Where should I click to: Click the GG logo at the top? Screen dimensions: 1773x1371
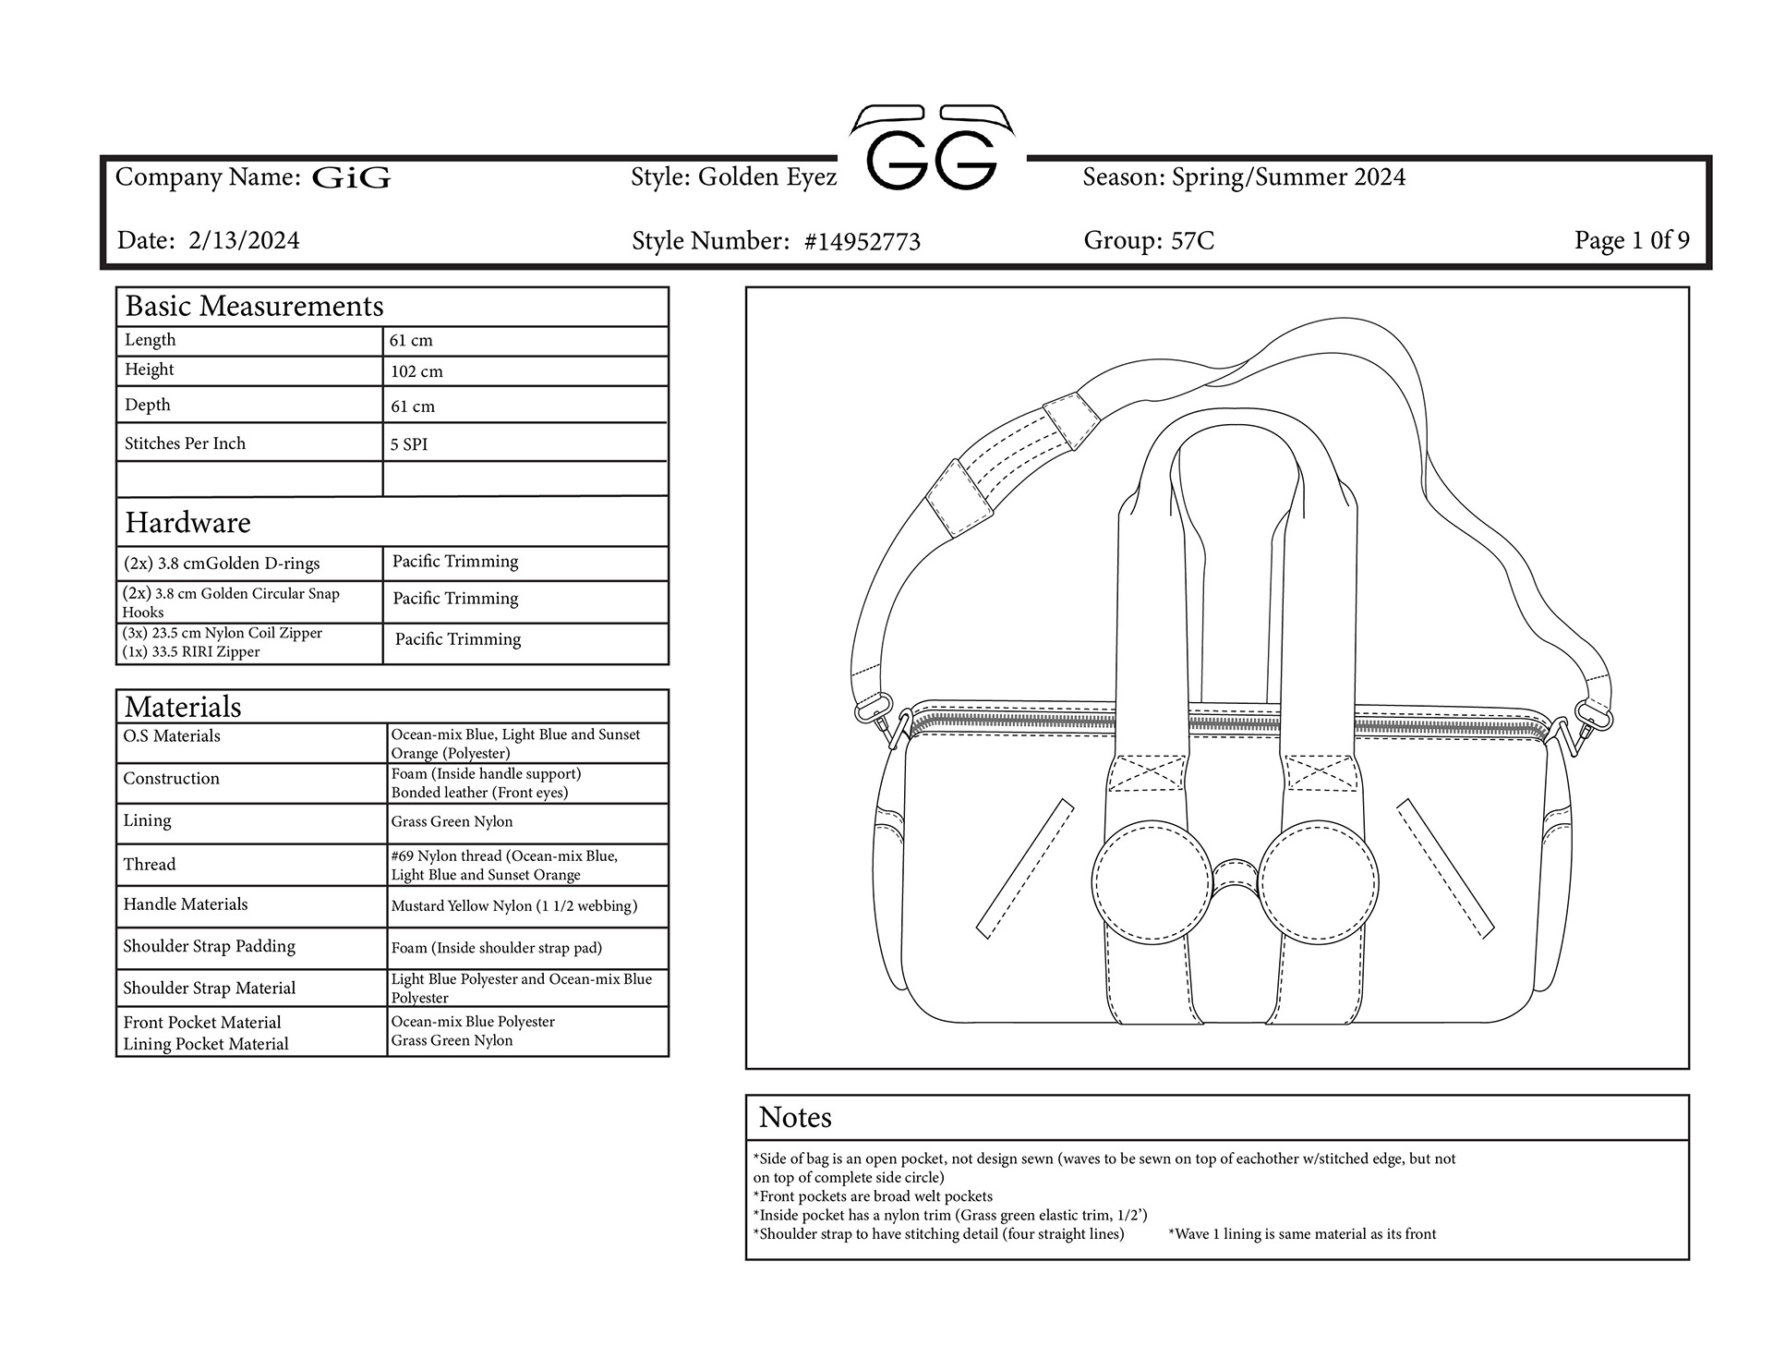(932, 152)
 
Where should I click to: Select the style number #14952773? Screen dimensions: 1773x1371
(862, 242)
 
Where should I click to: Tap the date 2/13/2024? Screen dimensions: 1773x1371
(244, 241)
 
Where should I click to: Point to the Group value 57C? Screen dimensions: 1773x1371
(1192, 241)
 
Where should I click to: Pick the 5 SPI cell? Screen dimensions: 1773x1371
(408, 444)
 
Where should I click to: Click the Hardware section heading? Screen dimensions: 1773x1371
(188, 523)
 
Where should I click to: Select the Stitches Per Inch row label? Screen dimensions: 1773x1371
(185, 443)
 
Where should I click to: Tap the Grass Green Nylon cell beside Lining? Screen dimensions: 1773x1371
(452, 821)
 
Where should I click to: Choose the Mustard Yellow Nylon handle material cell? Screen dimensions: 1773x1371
(513, 906)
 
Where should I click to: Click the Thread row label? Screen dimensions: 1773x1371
(150, 865)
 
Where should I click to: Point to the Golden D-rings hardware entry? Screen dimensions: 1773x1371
(222, 564)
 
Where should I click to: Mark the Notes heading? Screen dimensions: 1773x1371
(795, 1118)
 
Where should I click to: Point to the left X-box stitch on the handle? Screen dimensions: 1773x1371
(1147, 772)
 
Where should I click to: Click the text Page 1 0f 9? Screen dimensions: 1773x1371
(1632, 240)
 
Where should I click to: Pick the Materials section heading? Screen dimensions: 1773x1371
(183, 708)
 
